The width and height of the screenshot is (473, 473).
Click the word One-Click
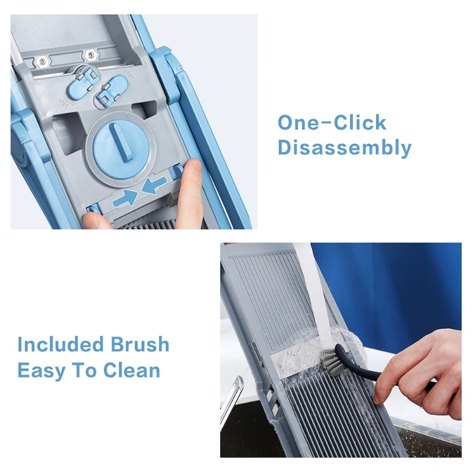point(332,122)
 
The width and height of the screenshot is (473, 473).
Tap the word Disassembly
point(345,148)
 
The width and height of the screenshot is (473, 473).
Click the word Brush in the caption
point(140,344)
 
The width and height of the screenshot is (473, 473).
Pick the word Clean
point(131,370)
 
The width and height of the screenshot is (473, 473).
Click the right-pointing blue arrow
point(125,197)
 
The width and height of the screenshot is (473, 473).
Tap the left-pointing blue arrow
point(154,184)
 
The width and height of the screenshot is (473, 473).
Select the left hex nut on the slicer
point(41,61)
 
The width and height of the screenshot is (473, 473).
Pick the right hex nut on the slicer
point(90,55)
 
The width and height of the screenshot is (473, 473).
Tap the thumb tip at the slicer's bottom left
point(96,220)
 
